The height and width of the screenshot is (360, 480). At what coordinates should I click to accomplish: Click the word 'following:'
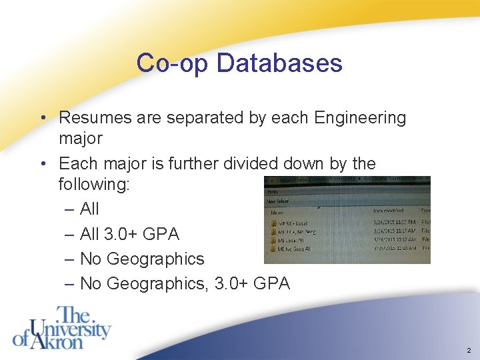coord(94,185)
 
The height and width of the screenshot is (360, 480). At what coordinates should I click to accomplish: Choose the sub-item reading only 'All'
coord(89,209)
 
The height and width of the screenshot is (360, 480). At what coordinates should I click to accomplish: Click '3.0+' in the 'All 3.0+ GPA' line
coord(123,234)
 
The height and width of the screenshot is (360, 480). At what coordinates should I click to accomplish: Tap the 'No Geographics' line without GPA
coord(142,259)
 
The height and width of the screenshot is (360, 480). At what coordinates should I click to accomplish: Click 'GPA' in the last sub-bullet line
coord(273,283)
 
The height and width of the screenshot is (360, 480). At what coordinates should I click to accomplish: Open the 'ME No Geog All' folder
coord(293,249)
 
